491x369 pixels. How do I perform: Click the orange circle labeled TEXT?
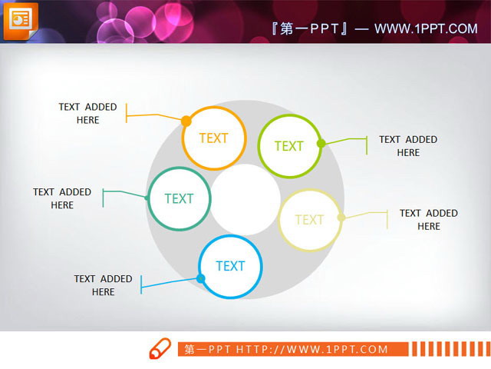pos(214,138)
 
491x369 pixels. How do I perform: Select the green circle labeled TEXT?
pos(289,145)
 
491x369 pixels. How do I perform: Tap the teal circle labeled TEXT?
pos(179,198)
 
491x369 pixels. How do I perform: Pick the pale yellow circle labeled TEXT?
pos(309,220)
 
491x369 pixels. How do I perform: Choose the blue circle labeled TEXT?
pos(230,266)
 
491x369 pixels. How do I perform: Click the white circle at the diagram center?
pos(245,199)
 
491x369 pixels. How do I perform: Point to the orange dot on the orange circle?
pos(186,121)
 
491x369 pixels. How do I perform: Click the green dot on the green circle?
pos(321,143)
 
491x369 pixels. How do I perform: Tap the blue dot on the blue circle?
pos(201,278)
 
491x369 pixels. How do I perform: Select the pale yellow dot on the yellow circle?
pos(341,218)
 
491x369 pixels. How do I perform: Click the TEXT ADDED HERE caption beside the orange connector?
pos(87,113)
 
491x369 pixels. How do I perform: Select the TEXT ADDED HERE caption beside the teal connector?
pos(62,198)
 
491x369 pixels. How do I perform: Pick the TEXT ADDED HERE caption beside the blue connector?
pos(103,285)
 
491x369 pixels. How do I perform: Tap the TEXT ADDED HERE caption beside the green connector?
pos(408,145)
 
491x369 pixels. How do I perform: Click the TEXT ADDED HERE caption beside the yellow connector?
pos(428,219)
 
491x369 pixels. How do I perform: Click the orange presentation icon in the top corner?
pos(21,19)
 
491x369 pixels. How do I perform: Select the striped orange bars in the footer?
pos(448,349)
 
